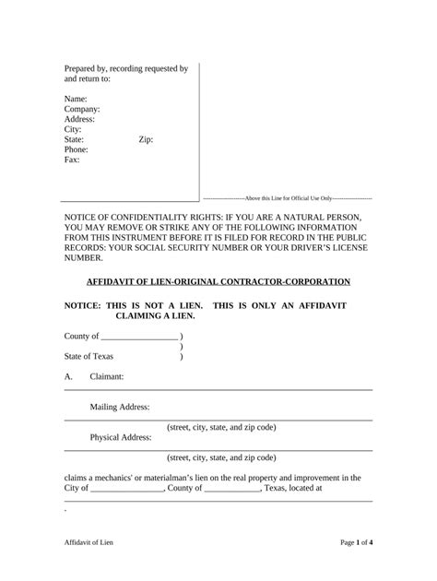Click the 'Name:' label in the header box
pyautogui.click(x=76, y=99)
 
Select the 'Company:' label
pyautogui.click(x=82, y=109)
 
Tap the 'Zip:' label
pyautogui.click(x=146, y=139)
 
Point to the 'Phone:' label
pyautogui.click(x=77, y=149)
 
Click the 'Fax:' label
pyautogui.click(x=72, y=160)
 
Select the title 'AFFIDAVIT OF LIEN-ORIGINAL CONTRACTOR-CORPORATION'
pyautogui.click(x=218, y=281)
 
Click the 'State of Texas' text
pyautogui.click(x=89, y=356)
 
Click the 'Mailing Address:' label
pyautogui.click(x=121, y=407)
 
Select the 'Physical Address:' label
pyautogui.click(x=122, y=437)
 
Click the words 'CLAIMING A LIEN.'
pyautogui.click(x=155, y=315)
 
